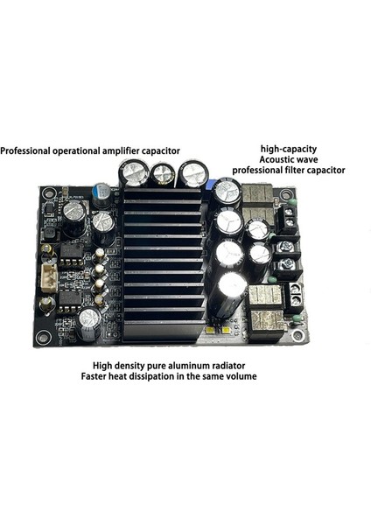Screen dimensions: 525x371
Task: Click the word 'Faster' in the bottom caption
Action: coord(110,378)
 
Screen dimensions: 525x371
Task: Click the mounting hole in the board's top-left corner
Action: coord(45,193)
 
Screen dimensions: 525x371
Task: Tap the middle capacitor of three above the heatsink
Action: coord(163,175)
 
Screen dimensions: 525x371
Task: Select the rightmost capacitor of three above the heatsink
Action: coord(192,172)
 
